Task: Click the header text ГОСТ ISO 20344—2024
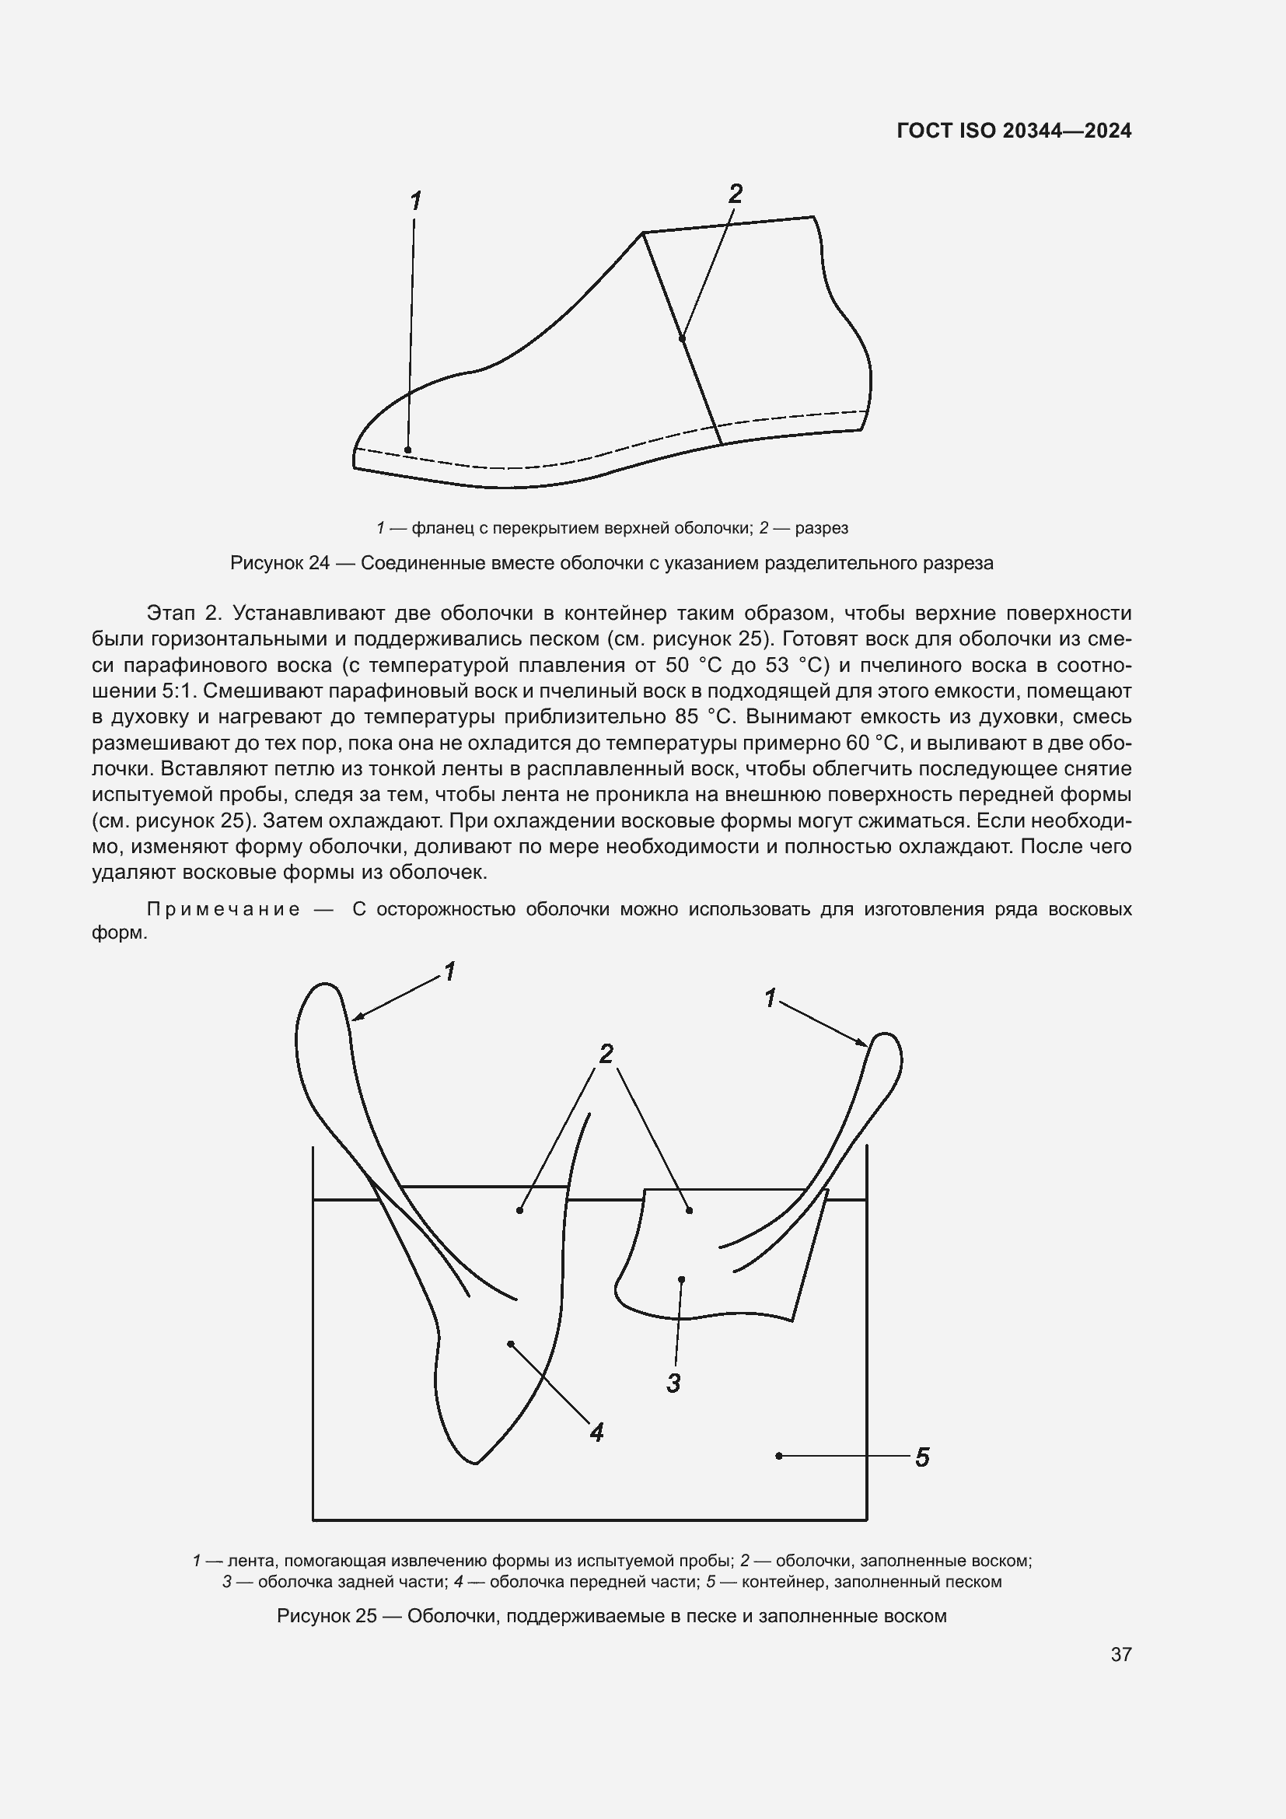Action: pos(1014,131)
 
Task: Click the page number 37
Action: pos(1120,1654)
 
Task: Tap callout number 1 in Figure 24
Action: pos(415,201)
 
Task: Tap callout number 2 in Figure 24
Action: pos(735,194)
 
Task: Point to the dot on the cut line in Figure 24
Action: pos(682,338)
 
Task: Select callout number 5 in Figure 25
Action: pos(922,1457)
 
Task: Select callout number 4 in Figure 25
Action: pos(596,1432)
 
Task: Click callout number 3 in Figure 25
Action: pos(673,1383)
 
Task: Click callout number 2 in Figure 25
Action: pos(606,1054)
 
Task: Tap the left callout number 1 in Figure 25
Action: pos(449,971)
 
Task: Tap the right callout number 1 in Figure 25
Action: pos(770,999)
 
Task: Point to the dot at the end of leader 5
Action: pos(779,1455)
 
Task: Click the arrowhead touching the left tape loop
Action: pos(356,1018)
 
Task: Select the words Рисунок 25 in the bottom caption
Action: pos(327,1616)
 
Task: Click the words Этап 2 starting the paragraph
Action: pos(181,612)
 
